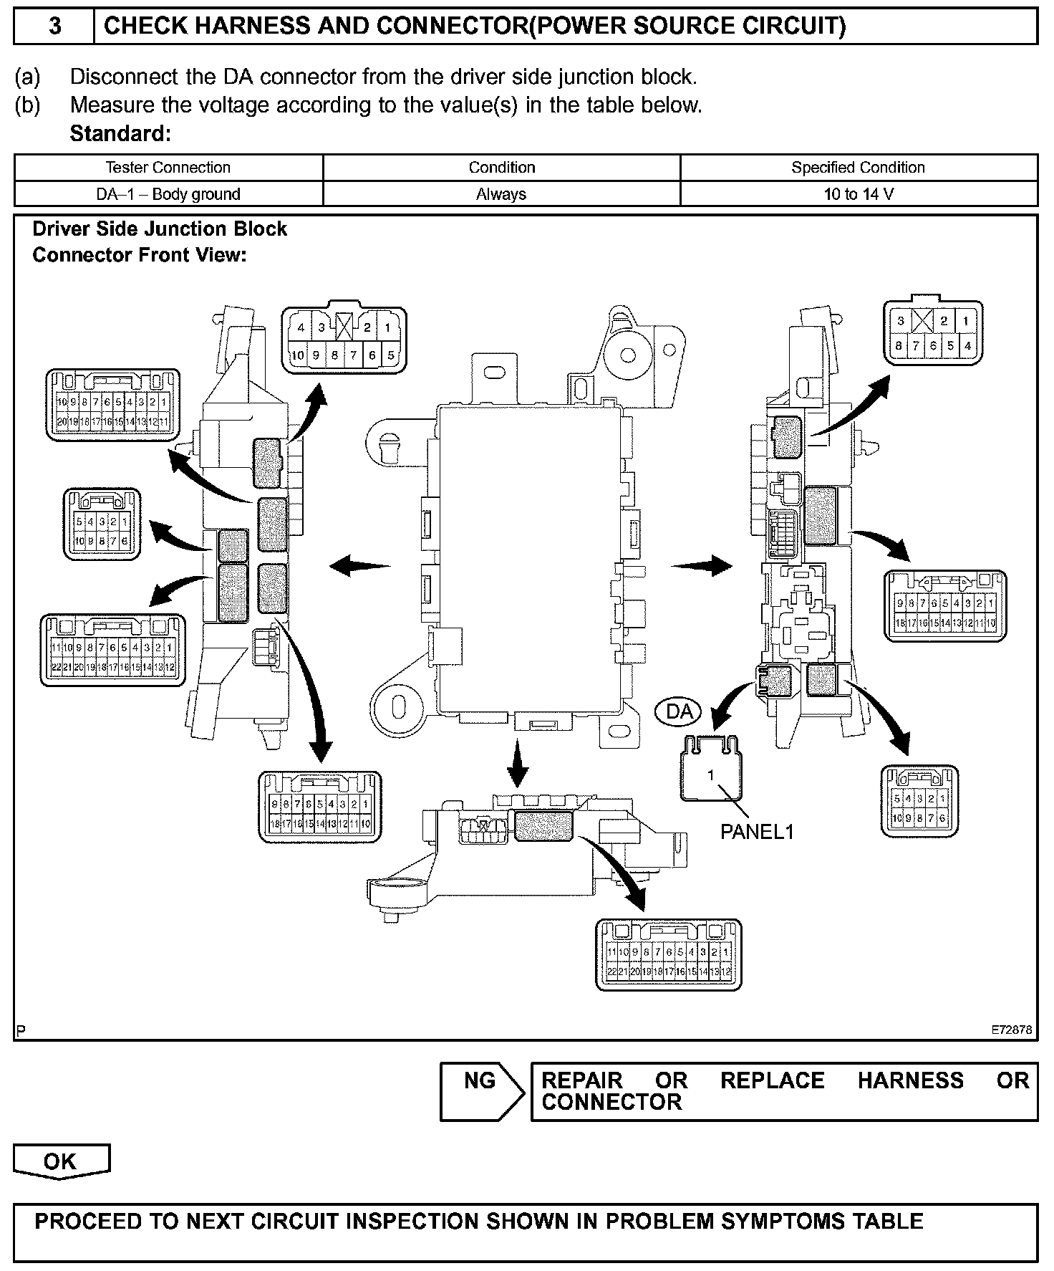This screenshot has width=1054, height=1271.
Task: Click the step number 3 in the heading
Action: [x=54, y=27]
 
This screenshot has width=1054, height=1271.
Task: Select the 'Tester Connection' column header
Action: [x=168, y=168]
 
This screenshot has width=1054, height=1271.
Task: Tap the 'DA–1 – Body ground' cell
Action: [x=168, y=194]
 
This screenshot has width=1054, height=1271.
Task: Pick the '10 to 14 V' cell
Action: [x=859, y=194]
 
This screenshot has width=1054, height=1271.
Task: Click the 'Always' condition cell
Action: [x=501, y=194]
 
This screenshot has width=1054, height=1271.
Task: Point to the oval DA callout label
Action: [x=679, y=711]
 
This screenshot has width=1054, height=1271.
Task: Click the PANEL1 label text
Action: [x=757, y=832]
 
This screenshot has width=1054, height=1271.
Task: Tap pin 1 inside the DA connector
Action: [x=711, y=775]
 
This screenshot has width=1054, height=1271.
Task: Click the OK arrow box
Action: [x=61, y=1161]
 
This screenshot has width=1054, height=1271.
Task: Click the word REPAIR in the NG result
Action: [x=581, y=1080]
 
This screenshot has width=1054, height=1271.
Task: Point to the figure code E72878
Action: [x=1011, y=1030]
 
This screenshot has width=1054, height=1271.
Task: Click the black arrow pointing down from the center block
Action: [x=517, y=765]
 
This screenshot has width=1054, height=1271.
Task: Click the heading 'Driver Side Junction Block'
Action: [x=160, y=229]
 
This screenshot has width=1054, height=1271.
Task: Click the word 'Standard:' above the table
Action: [x=120, y=134]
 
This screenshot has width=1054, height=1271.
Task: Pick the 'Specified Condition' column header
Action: [x=858, y=168]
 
